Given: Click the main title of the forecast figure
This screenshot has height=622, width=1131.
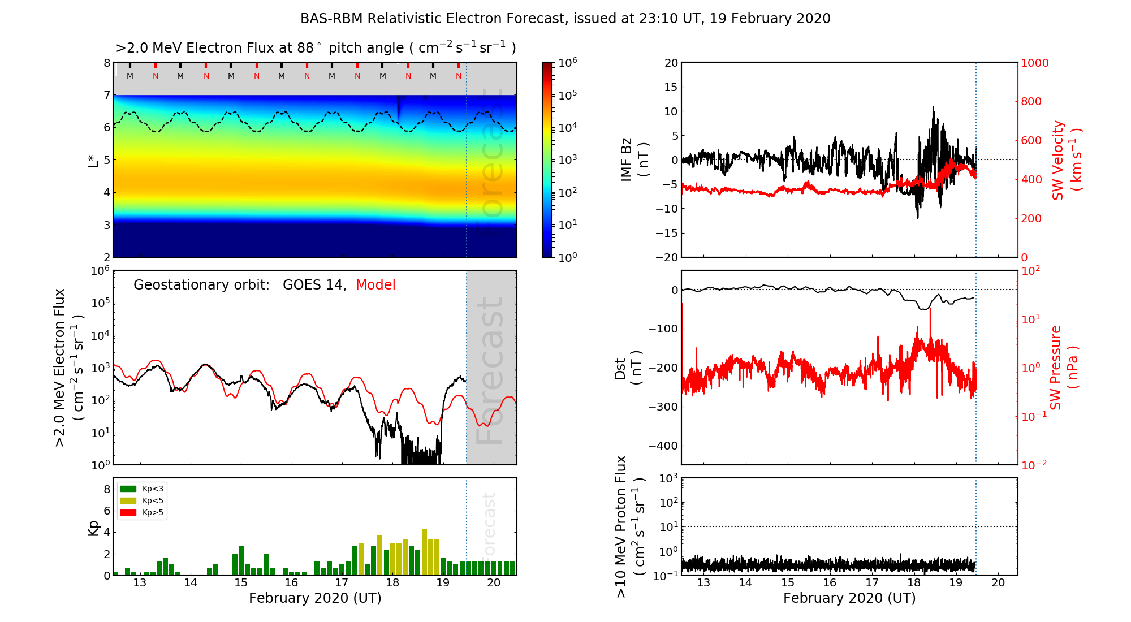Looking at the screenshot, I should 565,19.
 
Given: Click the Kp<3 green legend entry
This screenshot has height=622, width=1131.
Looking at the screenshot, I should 142,489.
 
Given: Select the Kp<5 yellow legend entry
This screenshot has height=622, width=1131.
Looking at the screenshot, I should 142,501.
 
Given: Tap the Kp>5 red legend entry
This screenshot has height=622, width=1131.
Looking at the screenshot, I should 142,513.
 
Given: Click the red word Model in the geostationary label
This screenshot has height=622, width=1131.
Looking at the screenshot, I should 375,285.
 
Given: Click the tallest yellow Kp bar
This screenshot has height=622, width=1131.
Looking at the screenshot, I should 424,551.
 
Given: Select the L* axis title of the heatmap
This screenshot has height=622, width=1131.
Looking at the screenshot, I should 93,160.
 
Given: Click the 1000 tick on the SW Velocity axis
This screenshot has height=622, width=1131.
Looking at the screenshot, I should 1034,63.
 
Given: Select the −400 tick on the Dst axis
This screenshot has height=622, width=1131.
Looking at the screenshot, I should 663,446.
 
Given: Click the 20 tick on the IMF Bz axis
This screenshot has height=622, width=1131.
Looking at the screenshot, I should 671,63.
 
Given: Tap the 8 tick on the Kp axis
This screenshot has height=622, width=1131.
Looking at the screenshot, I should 107,489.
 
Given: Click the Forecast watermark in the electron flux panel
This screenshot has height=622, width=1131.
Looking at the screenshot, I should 490,370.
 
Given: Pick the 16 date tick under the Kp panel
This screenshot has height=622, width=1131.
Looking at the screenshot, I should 291,583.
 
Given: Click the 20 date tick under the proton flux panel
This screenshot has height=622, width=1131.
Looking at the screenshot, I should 998,583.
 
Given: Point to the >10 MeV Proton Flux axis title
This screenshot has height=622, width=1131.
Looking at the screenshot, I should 630,526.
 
